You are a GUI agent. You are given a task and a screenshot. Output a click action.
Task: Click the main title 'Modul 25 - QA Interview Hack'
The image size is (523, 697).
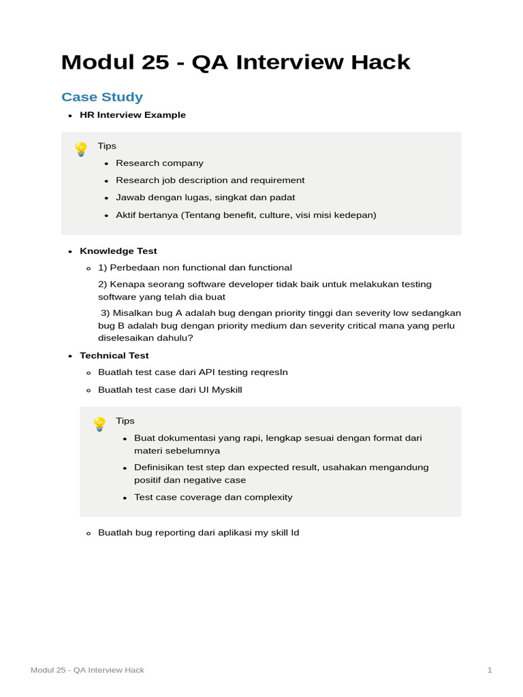point(236,63)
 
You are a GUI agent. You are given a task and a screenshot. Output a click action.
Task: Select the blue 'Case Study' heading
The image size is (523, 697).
point(102,97)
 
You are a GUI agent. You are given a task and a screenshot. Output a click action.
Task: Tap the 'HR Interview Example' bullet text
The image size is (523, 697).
point(133,115)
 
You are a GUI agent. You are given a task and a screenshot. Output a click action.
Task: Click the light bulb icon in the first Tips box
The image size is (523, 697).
point(81,149)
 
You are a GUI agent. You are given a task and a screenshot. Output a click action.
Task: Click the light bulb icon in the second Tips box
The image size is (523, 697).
point(99,424)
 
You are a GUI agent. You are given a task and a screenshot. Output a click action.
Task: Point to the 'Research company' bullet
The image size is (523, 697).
point(159,163)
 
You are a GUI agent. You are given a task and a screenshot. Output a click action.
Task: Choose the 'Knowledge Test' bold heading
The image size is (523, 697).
point(118,251)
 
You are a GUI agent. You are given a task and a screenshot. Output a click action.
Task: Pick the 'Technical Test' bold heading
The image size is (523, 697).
point(114,355)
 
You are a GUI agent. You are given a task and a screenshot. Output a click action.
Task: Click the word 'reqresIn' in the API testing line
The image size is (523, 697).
point(269,372)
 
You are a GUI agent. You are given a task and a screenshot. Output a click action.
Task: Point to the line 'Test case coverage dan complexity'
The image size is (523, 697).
point(213,497)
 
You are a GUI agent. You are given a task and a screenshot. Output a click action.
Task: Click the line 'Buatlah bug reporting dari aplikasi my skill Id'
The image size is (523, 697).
point(198,532)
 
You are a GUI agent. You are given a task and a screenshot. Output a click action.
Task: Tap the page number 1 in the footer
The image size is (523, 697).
point(489,670)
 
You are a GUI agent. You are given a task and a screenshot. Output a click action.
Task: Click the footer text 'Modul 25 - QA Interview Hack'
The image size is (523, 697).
point(87,670)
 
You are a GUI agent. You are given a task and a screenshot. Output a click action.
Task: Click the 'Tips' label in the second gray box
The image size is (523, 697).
point(125,421)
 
